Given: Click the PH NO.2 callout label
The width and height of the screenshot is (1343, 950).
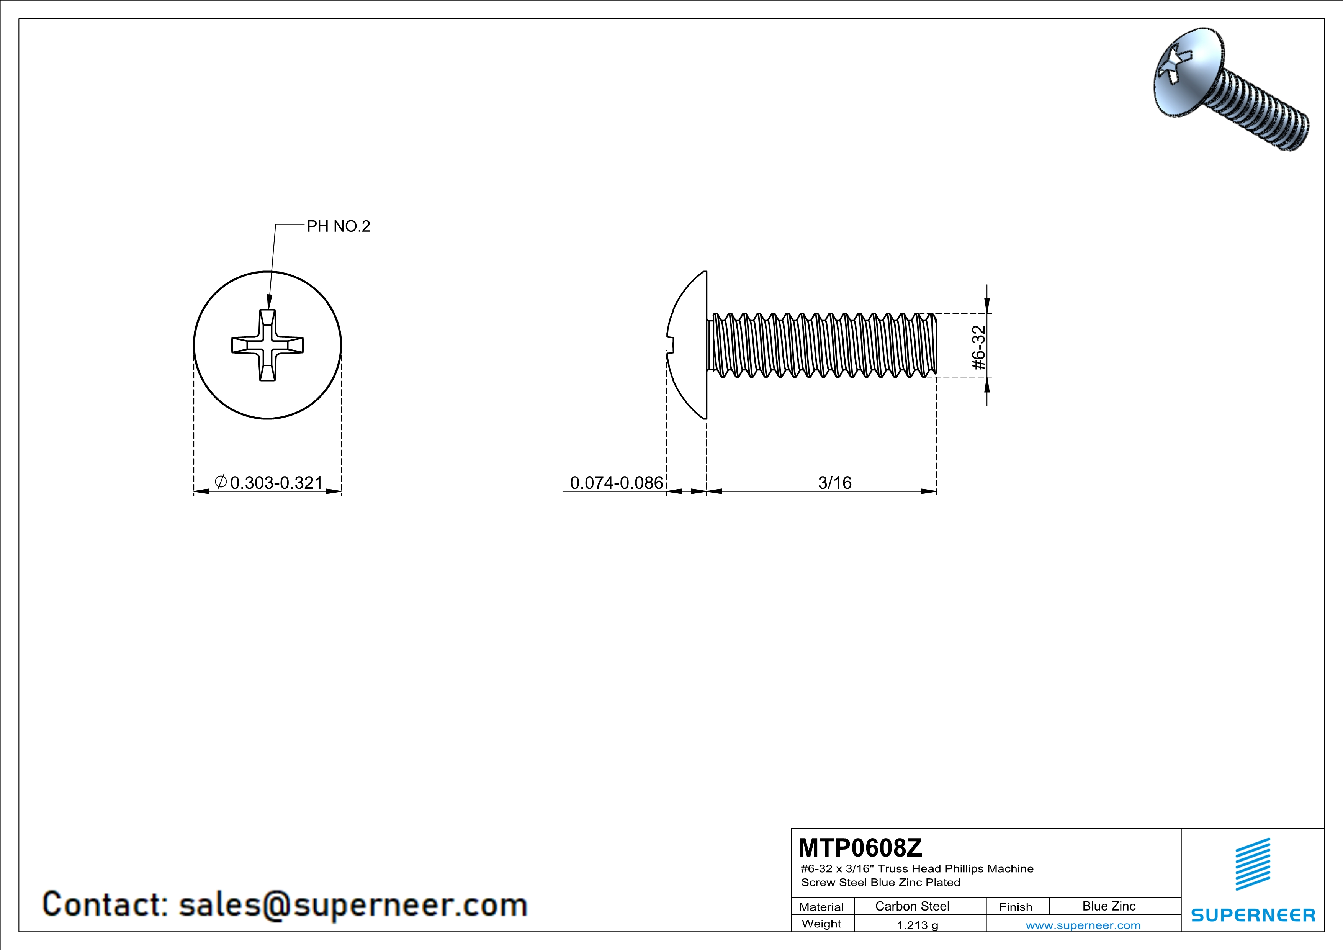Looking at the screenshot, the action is (339, 226).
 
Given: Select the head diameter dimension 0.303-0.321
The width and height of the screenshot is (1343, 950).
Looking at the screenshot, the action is (276, 483).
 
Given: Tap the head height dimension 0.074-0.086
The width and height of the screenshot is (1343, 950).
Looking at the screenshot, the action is (617, 483).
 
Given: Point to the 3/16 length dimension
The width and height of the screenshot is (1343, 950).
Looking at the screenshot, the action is (835, 483).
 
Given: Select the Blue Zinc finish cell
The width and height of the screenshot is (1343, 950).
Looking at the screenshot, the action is (1109, 906).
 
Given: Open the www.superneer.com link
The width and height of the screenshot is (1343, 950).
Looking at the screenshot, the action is (1083, 925).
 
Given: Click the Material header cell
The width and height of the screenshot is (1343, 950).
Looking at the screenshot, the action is (821, 907).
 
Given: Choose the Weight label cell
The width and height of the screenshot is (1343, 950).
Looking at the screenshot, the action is (821, 924).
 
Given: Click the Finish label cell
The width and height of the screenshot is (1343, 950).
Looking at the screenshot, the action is (1016, 907).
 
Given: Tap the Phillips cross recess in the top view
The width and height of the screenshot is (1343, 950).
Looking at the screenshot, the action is (267, 345).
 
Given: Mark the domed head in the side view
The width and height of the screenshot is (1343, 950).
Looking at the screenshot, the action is (687, 345).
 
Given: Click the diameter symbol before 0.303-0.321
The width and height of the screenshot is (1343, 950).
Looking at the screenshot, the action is (221, 482).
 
